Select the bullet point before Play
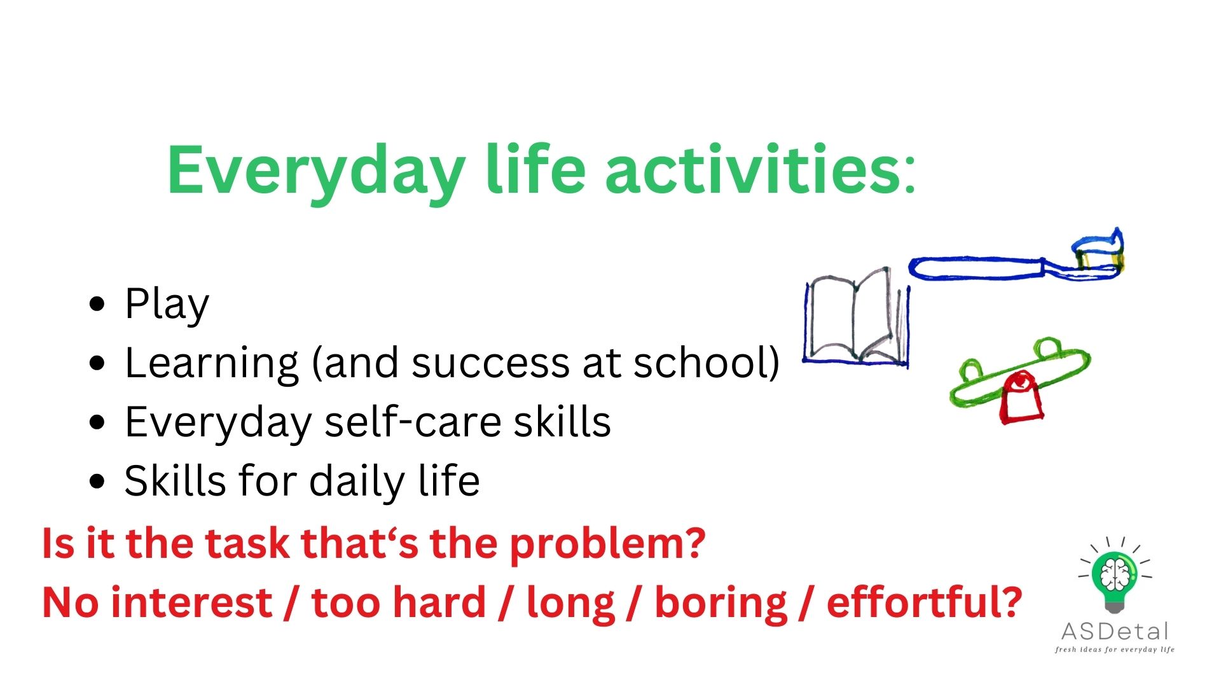(97, 304)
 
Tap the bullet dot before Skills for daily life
(97, 481)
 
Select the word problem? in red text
(607, 544)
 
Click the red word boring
(721, 603)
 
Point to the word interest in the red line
(191, 602)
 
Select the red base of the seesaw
(1021, 401)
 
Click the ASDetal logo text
(1115, 632)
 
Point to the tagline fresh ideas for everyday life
(1114, 649)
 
